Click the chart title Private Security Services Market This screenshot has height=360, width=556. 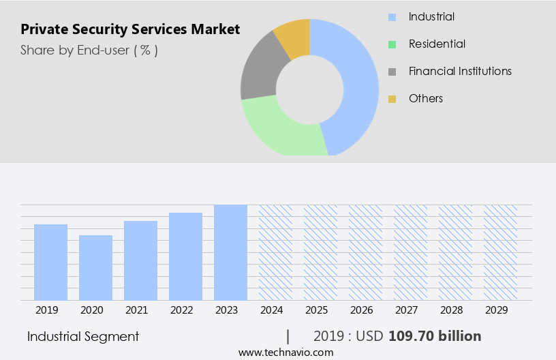pyautogui.click(x=130, y=29)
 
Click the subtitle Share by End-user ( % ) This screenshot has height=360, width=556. pyautogui.click(x=89, y=50)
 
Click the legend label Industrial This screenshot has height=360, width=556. pyautogui.click(x=431, y=16)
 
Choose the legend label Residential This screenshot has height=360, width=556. pyautogui.click(x=437, y=44)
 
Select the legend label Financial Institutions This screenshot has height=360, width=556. pyautogui.click(x=460, y=71)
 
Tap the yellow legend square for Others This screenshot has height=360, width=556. pyautogui.click(x=392, y=99)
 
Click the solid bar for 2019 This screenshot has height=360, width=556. pyautogui.click(x=50, y=262)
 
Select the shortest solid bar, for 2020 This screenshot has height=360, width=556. pyautogui.click(x=95, y=267)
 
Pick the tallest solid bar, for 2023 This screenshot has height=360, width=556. pyautogui.click(x=230, y=252)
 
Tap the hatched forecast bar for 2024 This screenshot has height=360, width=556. pyautogui.click(x=275, y=252)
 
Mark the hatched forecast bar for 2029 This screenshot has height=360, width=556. pyautogui.click(x=500, y=252)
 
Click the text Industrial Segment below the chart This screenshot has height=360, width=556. pyautogui.click(x=83, y=336)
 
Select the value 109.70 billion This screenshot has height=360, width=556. pyautogui.click(x=435, y=336)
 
